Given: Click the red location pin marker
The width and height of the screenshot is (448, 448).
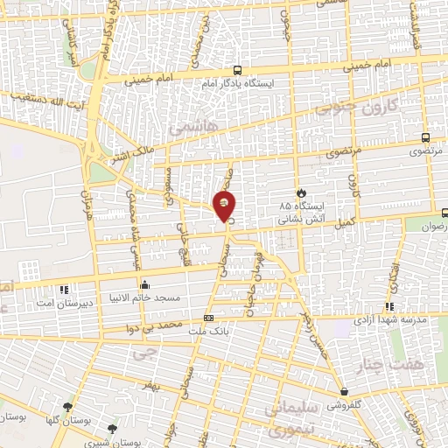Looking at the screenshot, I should tap(225, 207).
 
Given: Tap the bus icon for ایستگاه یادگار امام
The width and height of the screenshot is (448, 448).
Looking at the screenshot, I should tap(237, 71).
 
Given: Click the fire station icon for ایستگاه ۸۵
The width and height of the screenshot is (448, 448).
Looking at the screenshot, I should tap(303, 192).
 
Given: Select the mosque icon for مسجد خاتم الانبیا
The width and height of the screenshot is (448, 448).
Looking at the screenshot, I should tap(144, 284).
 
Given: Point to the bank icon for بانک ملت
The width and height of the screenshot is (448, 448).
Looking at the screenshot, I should tap(208, 318).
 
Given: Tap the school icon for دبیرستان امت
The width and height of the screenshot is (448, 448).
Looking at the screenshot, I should tap(63, 289).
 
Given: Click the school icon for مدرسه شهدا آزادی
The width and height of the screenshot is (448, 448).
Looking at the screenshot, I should tap(389, 306).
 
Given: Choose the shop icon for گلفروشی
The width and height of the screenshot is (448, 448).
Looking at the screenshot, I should tap(343, 393).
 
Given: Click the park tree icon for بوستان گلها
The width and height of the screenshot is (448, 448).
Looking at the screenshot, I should tap(68, 406).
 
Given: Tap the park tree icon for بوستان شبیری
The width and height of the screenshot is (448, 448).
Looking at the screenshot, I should tap(111, 429).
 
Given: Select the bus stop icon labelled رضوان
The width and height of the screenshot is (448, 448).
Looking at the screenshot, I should tap(444, 212).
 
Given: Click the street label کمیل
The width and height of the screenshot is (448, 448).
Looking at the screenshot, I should tap(343, 224).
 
